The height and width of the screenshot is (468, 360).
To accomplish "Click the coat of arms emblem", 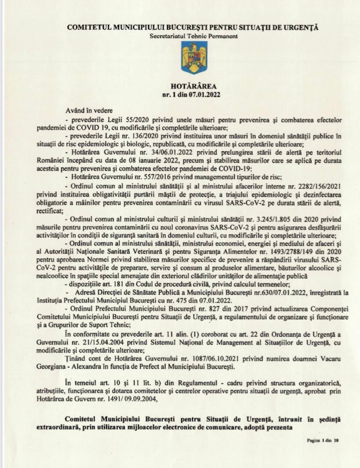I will pyautogui.click(x=192, y=55).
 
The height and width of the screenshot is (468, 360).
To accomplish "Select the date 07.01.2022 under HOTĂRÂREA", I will pyautogui.click(x=206, y=94).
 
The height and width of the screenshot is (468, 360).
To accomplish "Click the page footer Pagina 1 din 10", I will pyautogui.click(x=322, y=440).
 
